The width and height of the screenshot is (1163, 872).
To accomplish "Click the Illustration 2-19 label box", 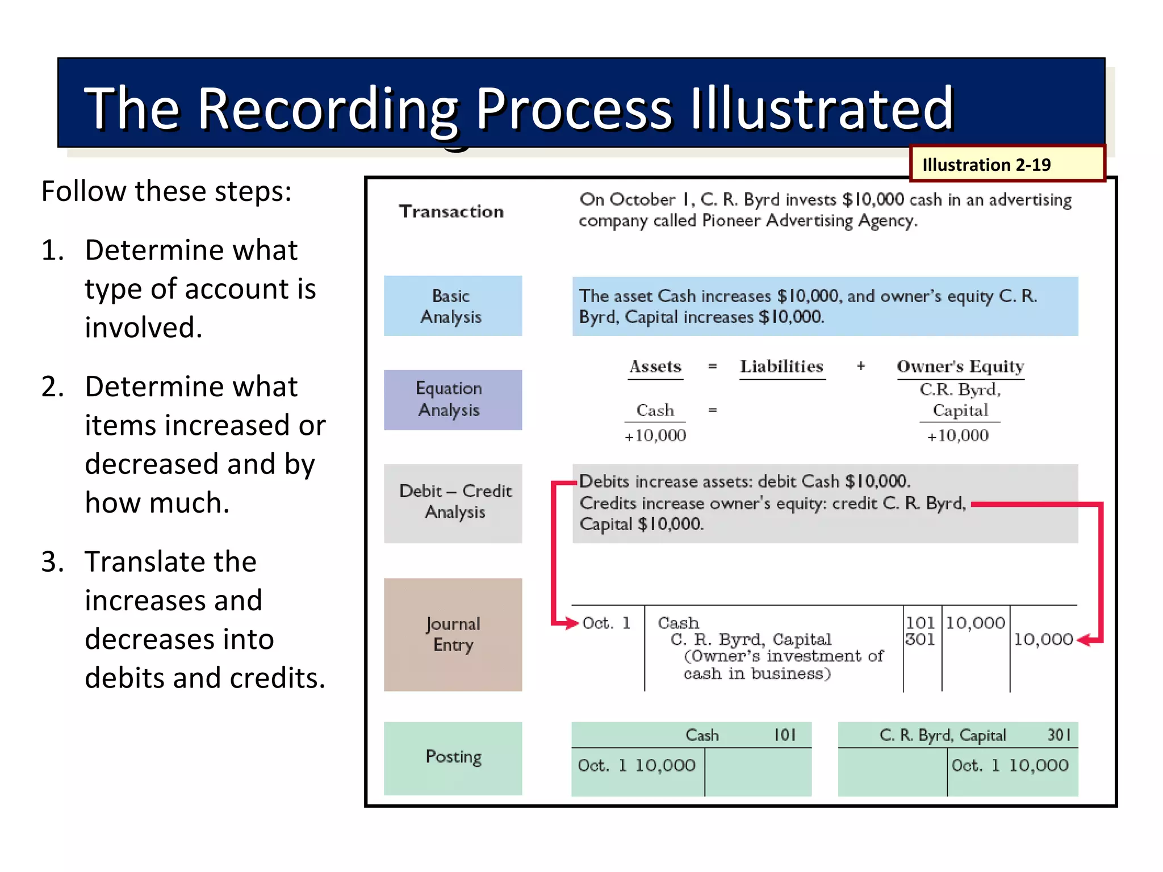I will point(1007,164).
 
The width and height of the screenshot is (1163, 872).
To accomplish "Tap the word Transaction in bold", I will point(451,211).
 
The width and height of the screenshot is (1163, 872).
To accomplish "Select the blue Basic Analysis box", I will point(453,306).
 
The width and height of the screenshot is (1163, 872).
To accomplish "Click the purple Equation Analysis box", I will point(453,400).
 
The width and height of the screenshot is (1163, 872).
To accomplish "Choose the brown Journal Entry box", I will point(453,634).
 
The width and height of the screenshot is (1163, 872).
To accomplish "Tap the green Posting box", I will point(453,757).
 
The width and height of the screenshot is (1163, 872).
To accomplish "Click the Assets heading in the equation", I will point(655,367).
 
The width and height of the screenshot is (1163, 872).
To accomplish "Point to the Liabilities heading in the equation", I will point(781,367).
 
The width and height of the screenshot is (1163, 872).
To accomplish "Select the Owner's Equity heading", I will point(960,367).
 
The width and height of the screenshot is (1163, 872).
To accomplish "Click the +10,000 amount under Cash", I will point(655,435).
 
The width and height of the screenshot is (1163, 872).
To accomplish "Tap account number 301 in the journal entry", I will point(920,640).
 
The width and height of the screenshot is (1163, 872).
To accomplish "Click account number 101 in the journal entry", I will point(920,623).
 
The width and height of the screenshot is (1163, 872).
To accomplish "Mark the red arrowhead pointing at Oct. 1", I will point(571,623).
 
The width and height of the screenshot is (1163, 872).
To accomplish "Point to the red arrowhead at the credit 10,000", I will point(1083,640).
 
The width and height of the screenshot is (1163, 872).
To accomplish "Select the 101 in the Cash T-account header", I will point(785,735).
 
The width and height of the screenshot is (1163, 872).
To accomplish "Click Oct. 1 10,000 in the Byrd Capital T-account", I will point(1010,766).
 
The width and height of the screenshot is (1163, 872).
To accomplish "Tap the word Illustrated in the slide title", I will point(822,108).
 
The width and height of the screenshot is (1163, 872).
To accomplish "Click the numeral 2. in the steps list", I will point(52,387).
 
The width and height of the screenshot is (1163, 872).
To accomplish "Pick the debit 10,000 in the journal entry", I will point(975,623).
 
